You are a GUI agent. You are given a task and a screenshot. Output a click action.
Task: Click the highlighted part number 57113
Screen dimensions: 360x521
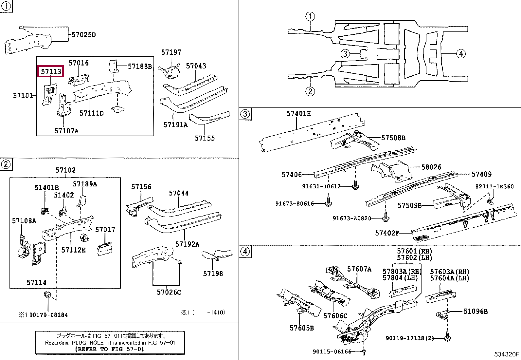tap(51, 71)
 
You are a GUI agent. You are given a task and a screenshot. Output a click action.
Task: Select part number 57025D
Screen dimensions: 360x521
tap(83, 35)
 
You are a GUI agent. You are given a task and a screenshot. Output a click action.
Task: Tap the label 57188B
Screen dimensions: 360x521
tap(140, 66)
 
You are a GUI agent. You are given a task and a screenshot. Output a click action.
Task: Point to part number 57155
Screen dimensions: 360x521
tap(205, 138)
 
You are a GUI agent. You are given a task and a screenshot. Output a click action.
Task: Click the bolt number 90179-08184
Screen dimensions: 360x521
tap(48, 315)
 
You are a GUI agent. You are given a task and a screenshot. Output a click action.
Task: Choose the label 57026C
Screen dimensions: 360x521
tap(169, 292)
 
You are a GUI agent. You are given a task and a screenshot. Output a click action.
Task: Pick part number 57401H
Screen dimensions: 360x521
tap(299, 113)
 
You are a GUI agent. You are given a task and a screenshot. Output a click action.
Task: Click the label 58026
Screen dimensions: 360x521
tap(431, 167)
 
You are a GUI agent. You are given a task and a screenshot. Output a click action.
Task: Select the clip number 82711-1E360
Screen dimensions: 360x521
tap(494, 186)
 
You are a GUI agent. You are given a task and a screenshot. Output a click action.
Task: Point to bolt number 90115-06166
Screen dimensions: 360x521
tap(332, 351)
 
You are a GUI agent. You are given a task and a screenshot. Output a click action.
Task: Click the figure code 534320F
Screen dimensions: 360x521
tap(507, 354)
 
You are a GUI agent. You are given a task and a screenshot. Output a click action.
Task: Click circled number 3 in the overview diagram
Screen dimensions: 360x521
tap(345, 54)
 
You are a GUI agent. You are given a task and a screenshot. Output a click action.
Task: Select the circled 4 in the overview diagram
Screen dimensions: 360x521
tap(461, 54)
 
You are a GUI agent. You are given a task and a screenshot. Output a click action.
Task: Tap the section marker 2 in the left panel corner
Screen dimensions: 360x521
tap(6, 164)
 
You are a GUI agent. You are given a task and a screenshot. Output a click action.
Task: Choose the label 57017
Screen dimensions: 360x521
tap(105, 230)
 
